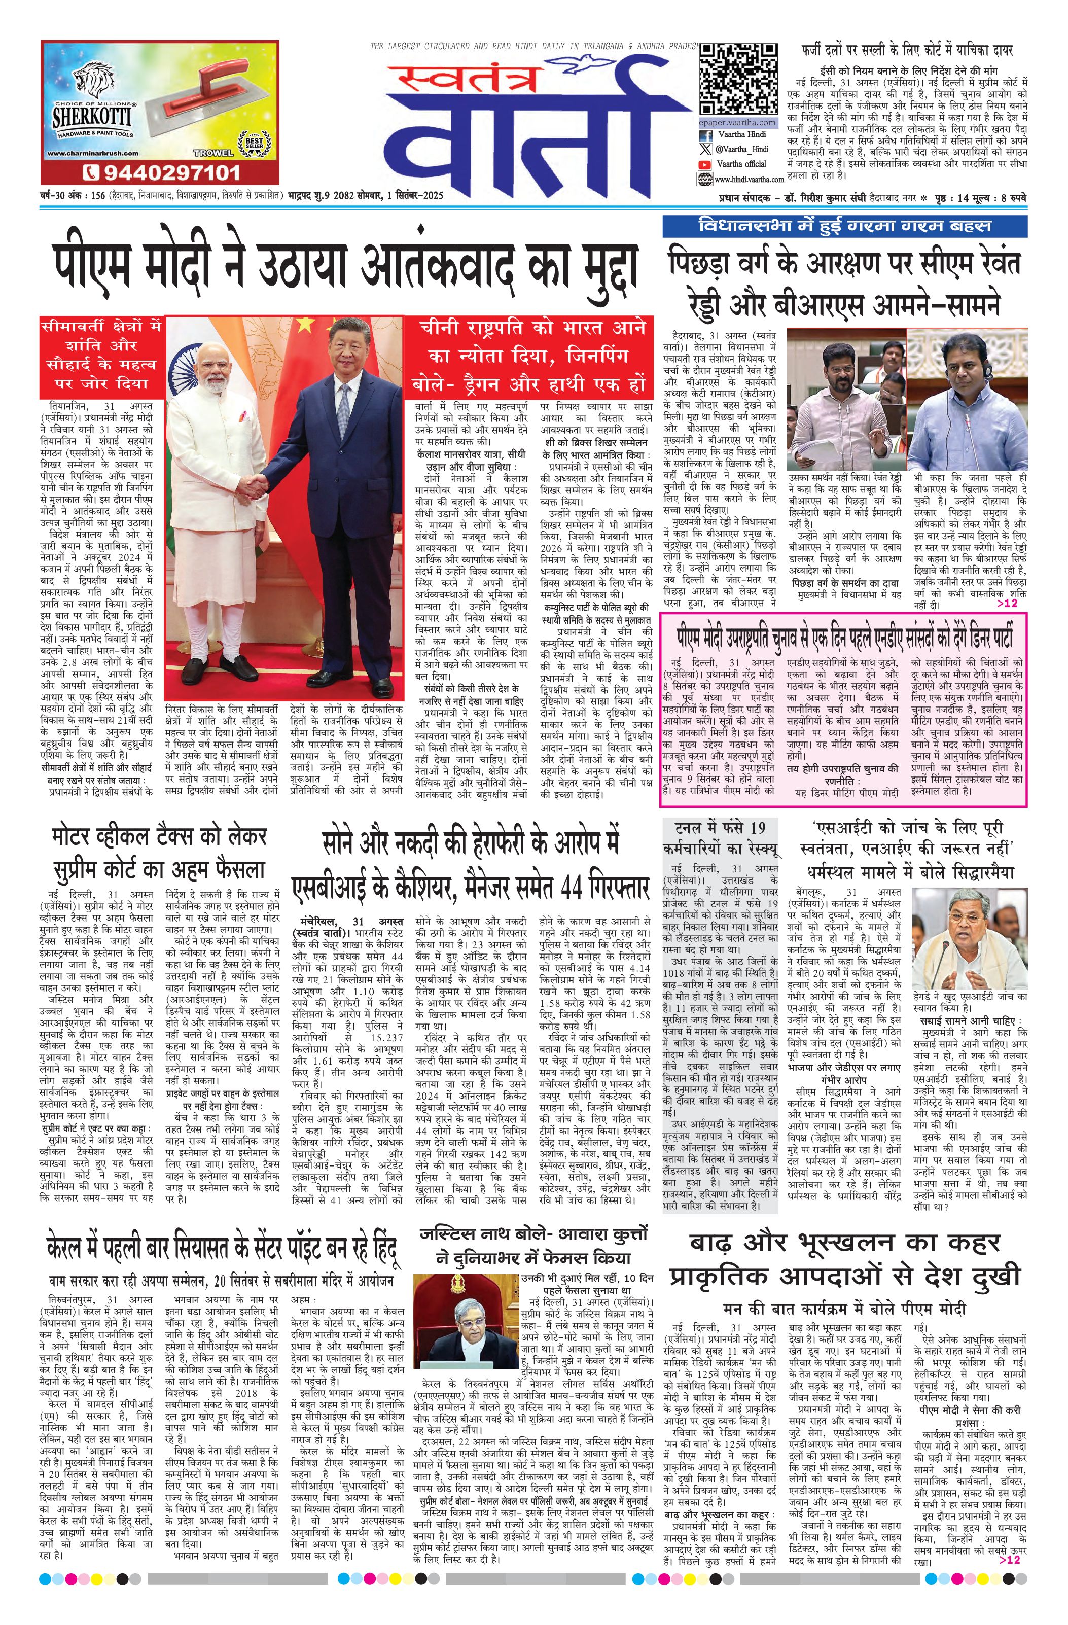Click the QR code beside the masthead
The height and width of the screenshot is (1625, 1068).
pyautogui.click(x=738, y=77)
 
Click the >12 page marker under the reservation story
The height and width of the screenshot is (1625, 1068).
pyautogui.click(x=1007, y=604)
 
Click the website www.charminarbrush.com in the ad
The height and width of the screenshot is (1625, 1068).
pyautogui.click(x=93, y=155)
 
